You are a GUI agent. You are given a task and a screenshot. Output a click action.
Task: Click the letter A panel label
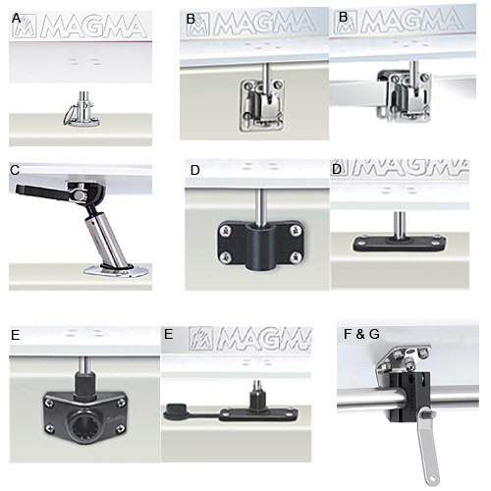click(16, 19)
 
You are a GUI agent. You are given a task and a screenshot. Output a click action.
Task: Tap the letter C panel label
click(15, 170)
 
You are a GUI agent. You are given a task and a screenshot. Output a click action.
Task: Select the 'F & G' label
click(361, 334)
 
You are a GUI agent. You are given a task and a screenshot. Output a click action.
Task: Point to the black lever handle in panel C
click(41, 192)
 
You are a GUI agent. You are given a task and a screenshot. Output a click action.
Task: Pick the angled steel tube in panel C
click(105, 241)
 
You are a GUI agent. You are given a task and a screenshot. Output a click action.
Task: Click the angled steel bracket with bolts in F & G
click(402, 357)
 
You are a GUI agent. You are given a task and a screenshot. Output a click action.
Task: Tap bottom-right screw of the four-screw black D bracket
click(296, 258)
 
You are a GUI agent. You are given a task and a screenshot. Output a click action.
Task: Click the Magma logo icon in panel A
click(25, 27)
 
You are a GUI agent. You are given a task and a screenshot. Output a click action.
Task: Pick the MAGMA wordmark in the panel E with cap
click(263, 339)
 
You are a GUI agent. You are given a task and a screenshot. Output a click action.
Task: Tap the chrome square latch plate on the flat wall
click(262, 105)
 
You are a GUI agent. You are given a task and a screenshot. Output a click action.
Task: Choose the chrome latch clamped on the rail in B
click(405, 95)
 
